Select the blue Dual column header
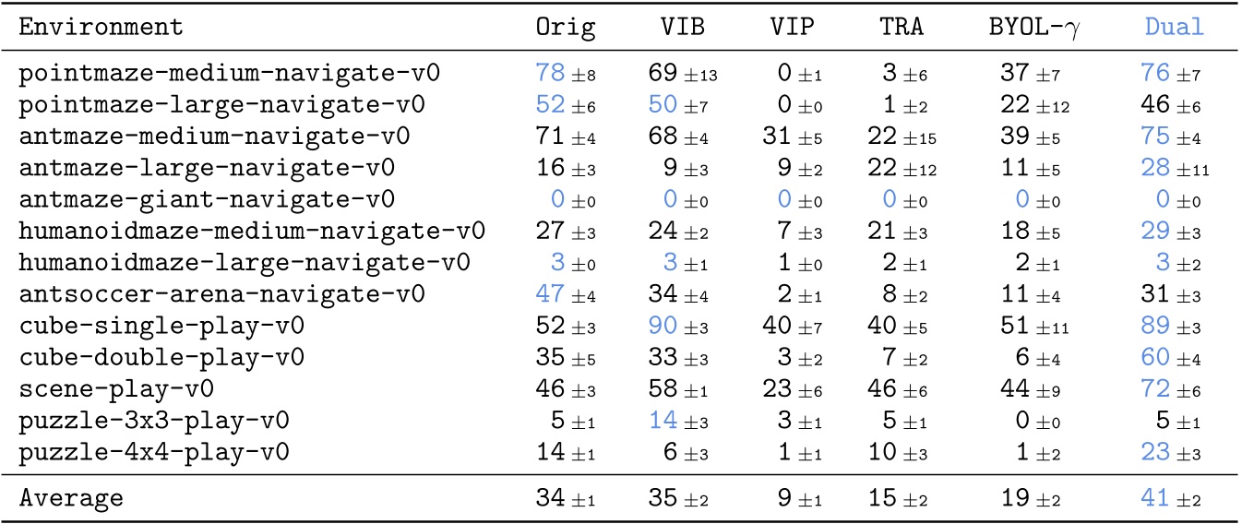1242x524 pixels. [x=1174, y=27]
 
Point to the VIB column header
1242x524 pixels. [x=677, y=27]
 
